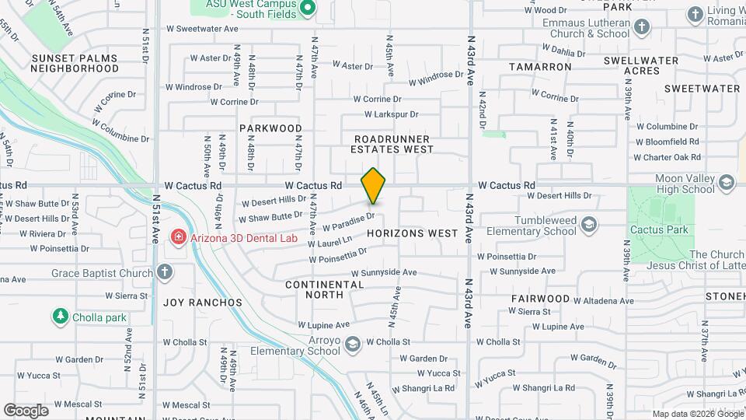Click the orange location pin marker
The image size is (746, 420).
click(x=373, y=186)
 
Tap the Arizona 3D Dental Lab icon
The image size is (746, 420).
click(x=178, y=236)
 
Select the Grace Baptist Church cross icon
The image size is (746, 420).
click(x=163, y=272)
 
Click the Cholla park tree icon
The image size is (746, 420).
click(x=60, y=317)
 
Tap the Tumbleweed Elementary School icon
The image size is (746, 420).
click(x=589, y=226)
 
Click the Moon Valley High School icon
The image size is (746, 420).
click(x=727, y=183)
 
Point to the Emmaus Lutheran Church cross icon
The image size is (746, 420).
click(x=641, y=28)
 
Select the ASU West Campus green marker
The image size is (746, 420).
click(x=307, y=9)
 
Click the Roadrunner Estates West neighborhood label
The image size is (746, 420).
click(x=392, y=143)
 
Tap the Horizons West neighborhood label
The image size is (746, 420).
click(x=412, y=233)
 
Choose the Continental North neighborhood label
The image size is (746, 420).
click(x=325, y=289)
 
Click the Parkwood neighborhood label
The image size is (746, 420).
click(x=270, y=128)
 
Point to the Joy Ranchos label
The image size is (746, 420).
click(x=203, y=302)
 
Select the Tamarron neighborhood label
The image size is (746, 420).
click(x=540, y=67)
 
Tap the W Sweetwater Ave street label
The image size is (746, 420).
click(x=202, y=28)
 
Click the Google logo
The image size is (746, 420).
click(x=26, y=410)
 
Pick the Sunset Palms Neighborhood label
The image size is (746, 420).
click(x=75, y=63)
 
